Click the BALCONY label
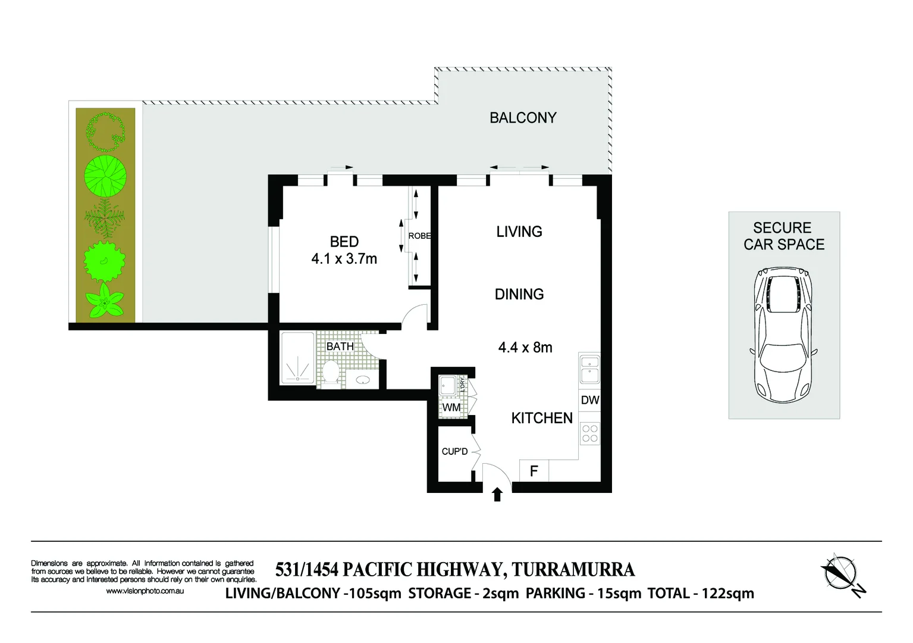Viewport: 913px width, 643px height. pyautogui.click(x=523, y=118)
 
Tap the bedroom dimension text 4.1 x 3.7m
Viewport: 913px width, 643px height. pyautogui.click(x=344, y=259)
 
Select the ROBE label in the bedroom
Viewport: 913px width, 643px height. pyautogui.click(x=419, y=236)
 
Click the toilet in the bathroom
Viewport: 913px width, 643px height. pyautogui.click(x=331, y=373)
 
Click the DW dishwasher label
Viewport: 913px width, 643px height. pyautogui.click(x=589, y=400)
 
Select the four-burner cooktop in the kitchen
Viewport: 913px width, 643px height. pyautogui.click(x=589, y=433)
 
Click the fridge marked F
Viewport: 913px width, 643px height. pyautogui.click(x=534, y=471)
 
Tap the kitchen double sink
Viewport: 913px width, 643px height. pyautogui.click(x=589, y=369)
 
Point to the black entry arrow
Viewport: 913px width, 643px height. pyautogui.click(x=497, y=494)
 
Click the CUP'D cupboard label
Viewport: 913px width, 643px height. pyautogui.click(x=454, y=451)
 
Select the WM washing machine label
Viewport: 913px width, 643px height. pyautogui.click(x=451, y=407)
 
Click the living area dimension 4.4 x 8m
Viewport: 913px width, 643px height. pyautogui.click(x=525, y=347)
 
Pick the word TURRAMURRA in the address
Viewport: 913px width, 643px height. pyautogui.click(x=573, y=570)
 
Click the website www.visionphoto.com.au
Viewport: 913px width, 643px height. pyautogui.click(x=145, y=591)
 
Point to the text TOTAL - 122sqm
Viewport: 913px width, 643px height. pyautogui.click(x=701, y=594)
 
